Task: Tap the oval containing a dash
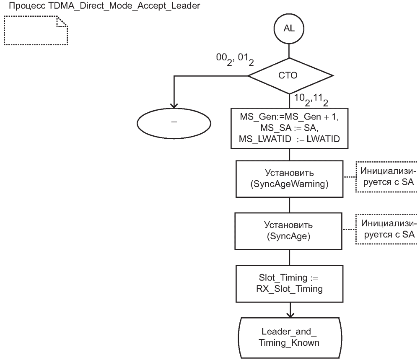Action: tap(174, 122)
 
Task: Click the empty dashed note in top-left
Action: tap(36, 30)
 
